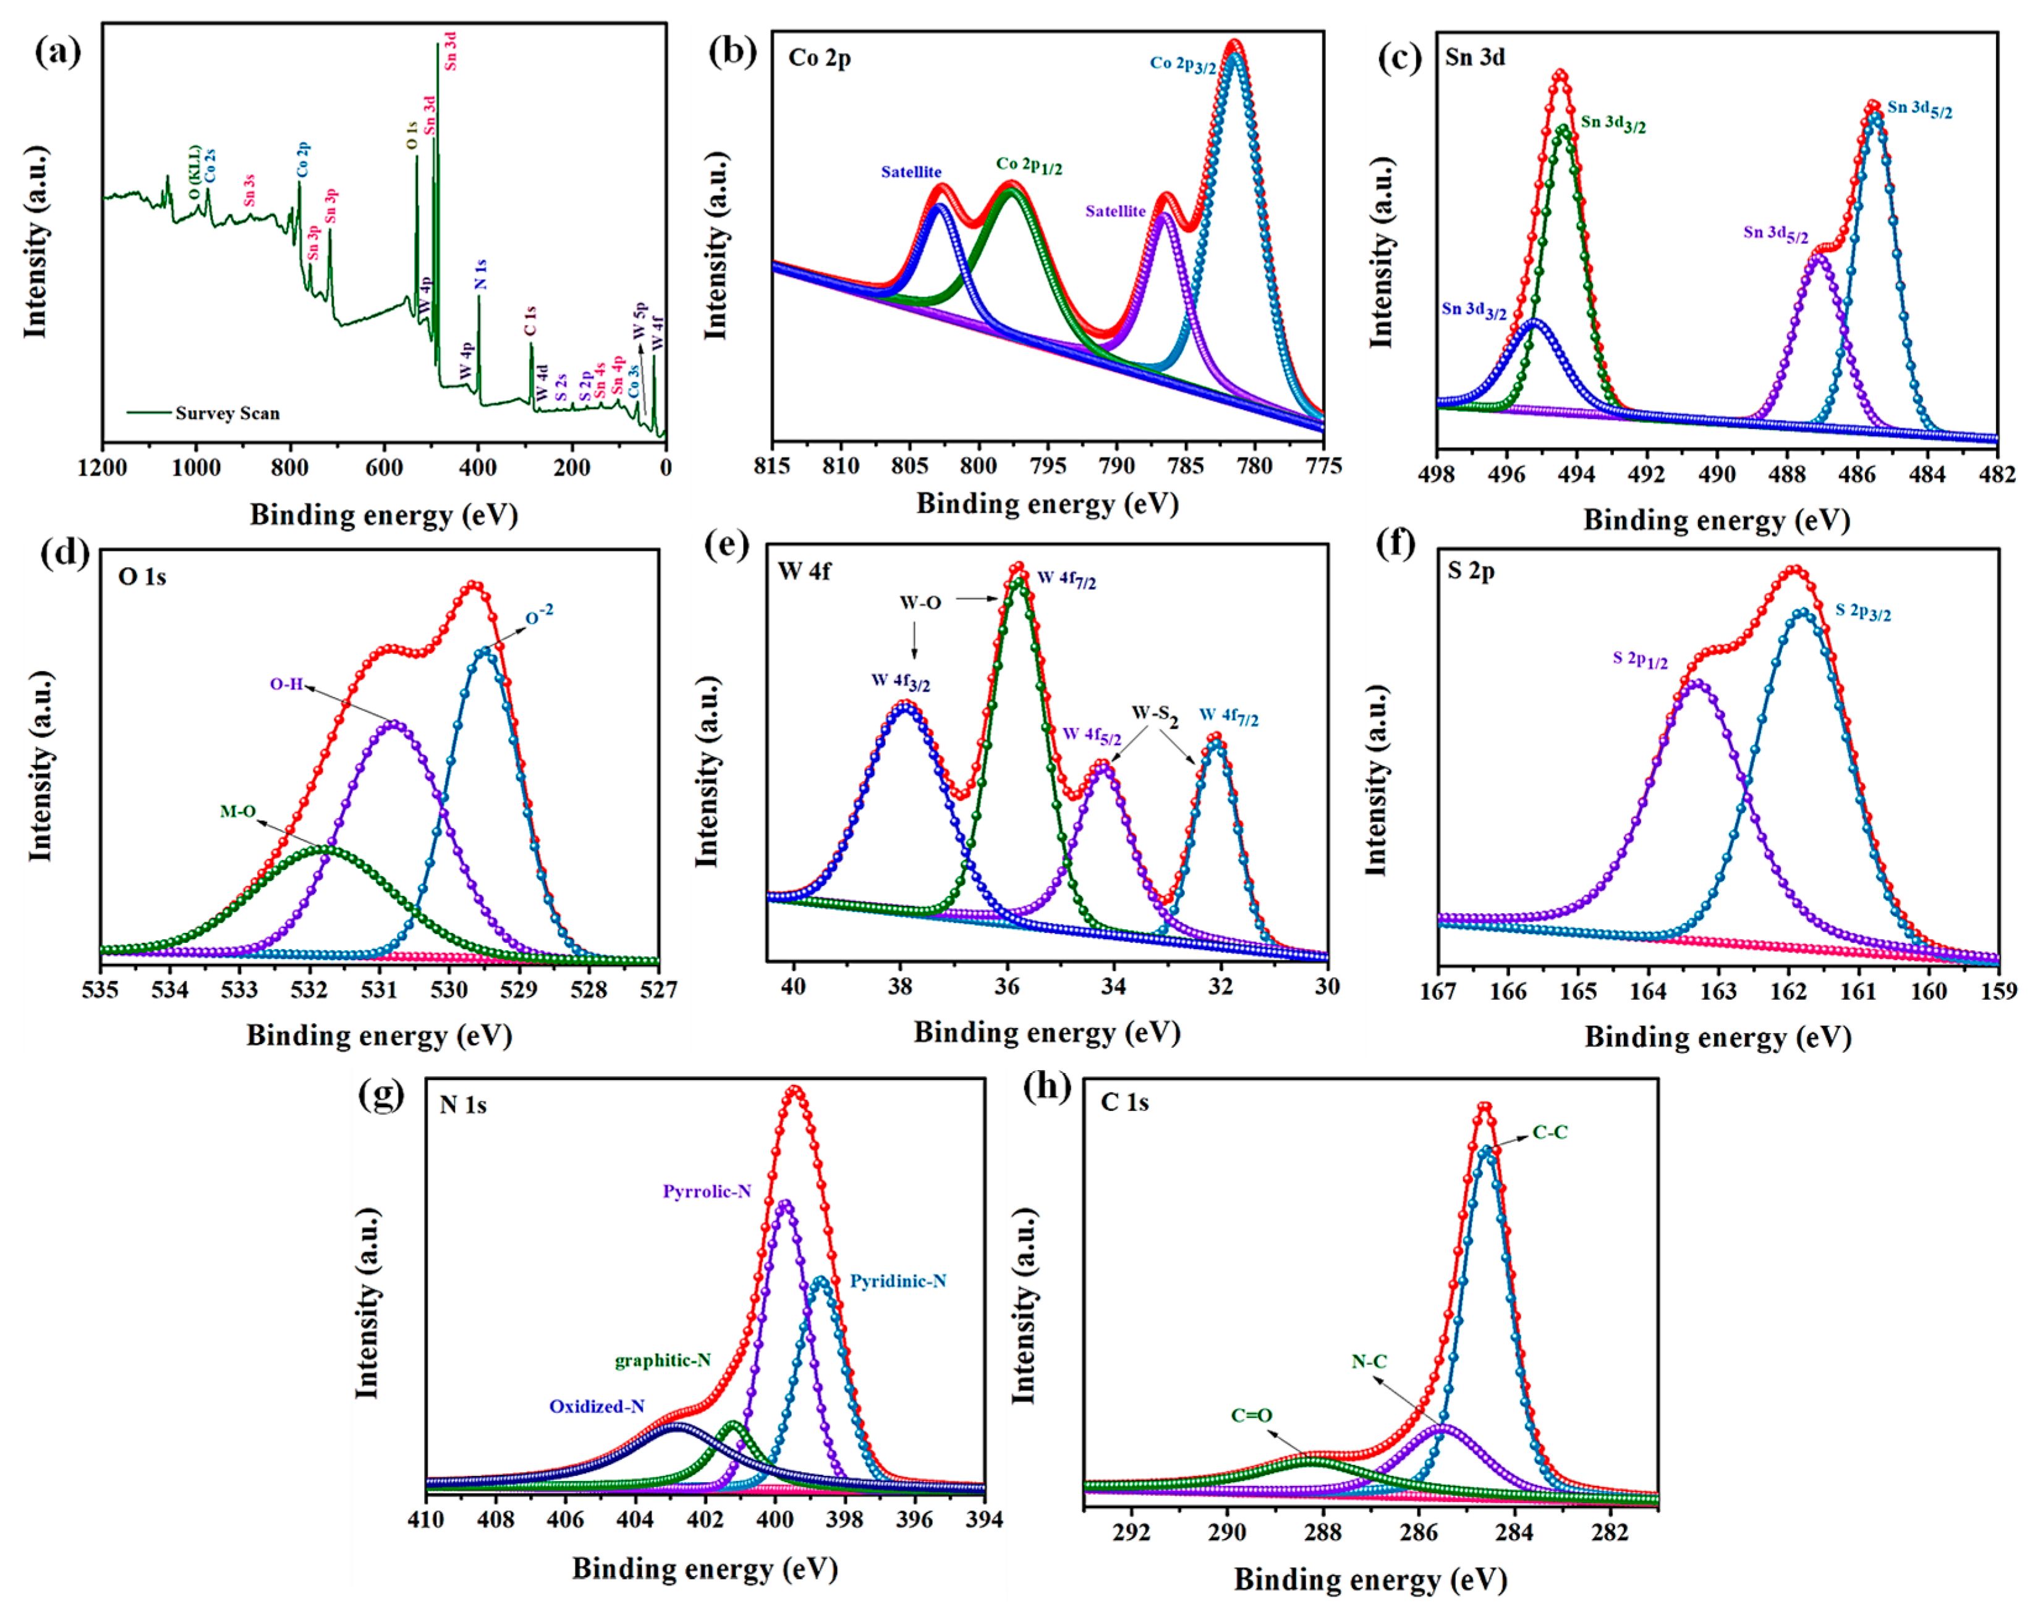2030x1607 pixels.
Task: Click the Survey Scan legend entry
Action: pyautogui.click(x=227, y=413)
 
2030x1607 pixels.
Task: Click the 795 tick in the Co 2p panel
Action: pyautogui.click(x=1048, y=466)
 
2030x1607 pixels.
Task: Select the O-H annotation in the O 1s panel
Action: pyautogui.click(x=286, y=684)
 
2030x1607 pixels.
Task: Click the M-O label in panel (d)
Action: pyautogui.click(x=237, y=811)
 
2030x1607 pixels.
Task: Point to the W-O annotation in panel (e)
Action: pyautogui.click(x=919, y=602)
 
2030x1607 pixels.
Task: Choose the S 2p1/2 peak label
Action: pyautogui.click(x=1639, y=660)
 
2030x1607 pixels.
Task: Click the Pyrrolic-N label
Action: pyautogui.click(x=706, y=1191)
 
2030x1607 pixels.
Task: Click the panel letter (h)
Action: pyautogui.click(x=1047, y=1089)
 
